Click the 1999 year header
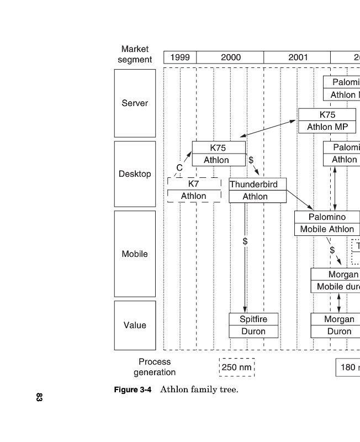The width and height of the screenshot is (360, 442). point(180,57)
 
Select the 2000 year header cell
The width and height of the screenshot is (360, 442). point(230,57)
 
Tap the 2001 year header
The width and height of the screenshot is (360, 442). point(298,57)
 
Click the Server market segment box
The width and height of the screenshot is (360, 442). point(135,103)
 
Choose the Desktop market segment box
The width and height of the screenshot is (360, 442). point(135,174)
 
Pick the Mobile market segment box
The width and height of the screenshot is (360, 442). point(135,254)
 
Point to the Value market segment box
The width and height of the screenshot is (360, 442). point(135,325)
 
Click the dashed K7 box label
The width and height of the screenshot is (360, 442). point(193,183)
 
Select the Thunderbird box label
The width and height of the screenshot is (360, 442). point(253,184)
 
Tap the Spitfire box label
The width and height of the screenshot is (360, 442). point(253,319)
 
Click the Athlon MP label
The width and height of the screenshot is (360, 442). point(327,127)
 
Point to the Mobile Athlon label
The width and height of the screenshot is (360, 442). point(327,229)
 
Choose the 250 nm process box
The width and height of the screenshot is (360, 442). point(236,367)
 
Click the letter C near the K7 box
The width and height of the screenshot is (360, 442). point(179,168)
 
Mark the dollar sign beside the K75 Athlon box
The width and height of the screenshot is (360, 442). point(251,160)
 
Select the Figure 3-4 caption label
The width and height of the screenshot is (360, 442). point(133,390)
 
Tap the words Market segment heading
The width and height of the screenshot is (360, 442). point(135,54)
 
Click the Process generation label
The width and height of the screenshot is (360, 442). point(155,367)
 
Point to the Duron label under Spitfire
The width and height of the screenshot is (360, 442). point(253,331)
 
